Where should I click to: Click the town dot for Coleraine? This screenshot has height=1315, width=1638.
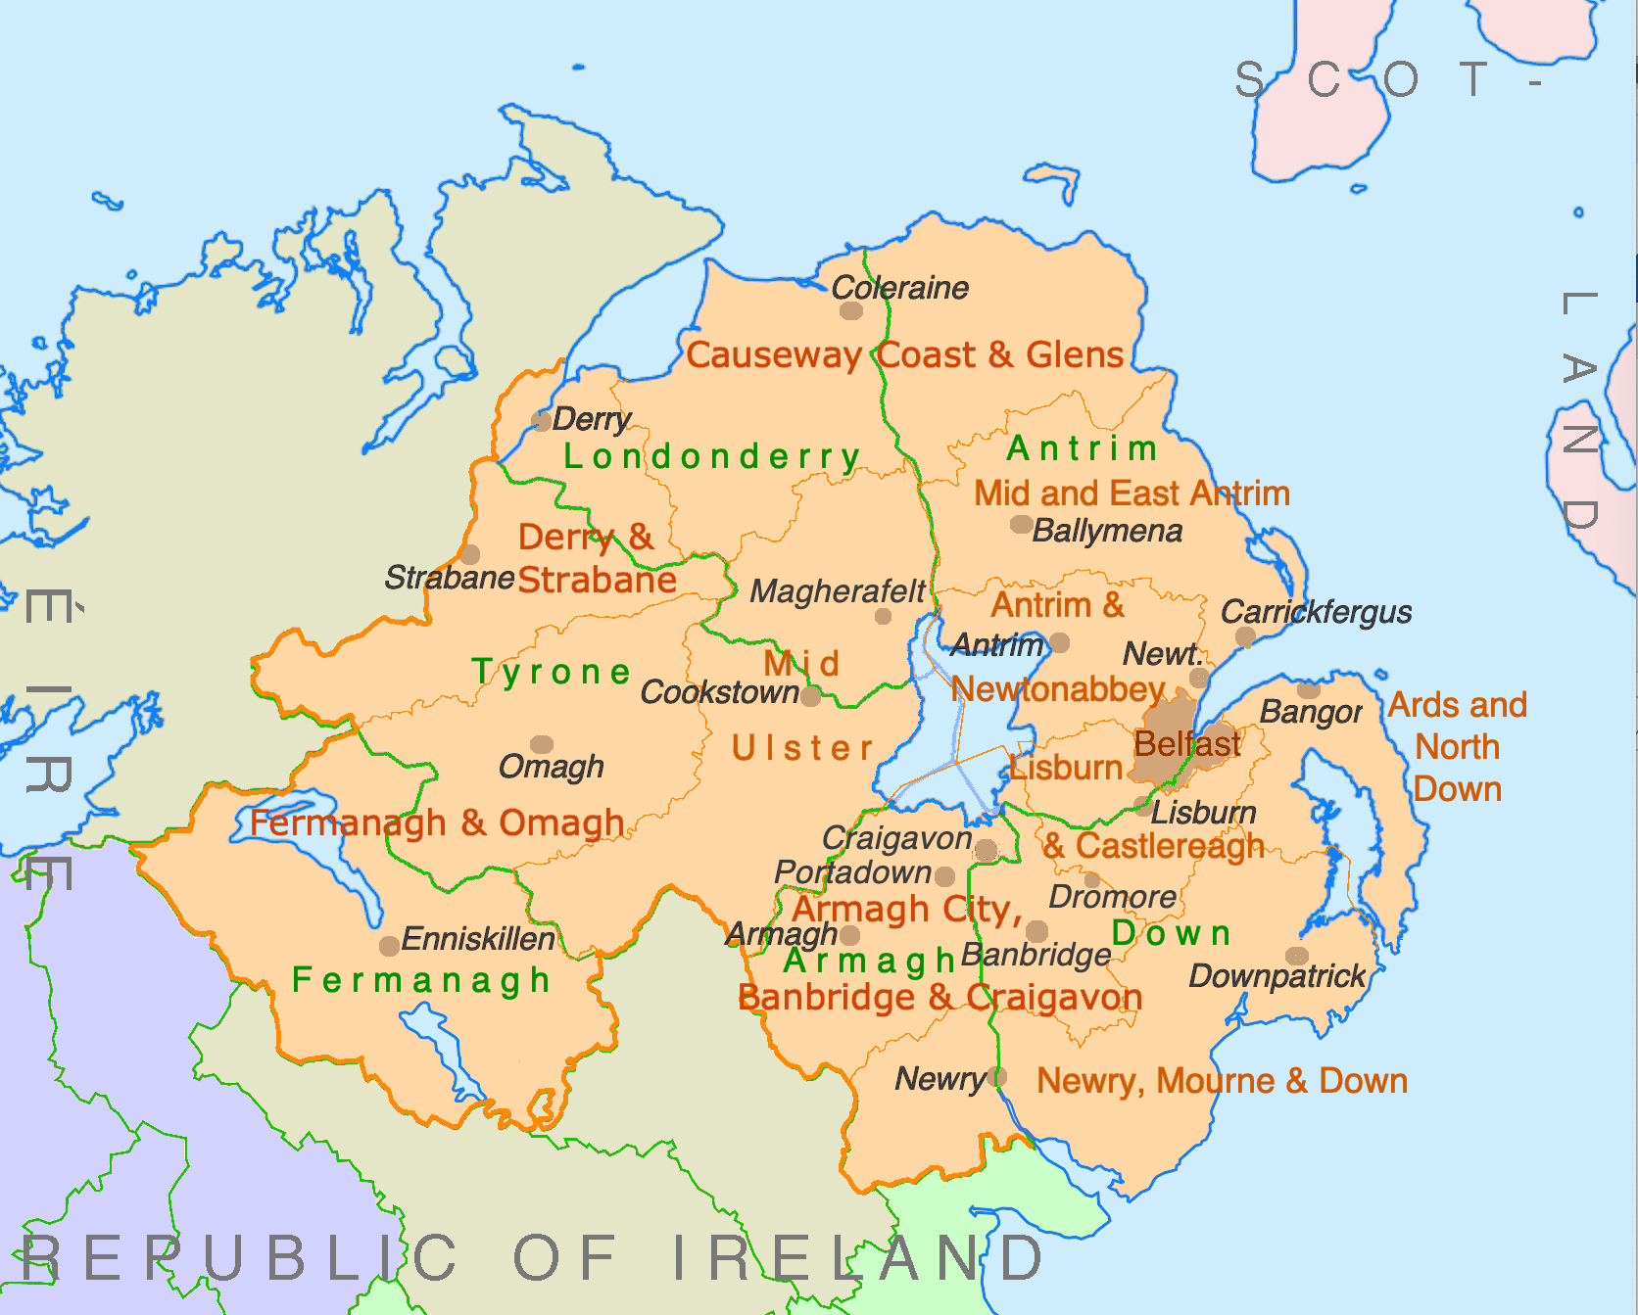pyautogui.click(x=851, y=311)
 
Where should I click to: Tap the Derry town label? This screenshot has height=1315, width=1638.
pyautogui.click(x=591, y=420)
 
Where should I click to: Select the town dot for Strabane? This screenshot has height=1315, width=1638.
pyautogui.click(x=470, y=555)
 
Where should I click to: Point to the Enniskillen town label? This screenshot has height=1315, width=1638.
pyautogui.click(x=478, y=939)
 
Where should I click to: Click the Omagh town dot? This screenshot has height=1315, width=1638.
pyautogui.click(x=542, y=745)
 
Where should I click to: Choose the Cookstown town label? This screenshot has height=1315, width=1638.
pyautogui.click(x=719, y=692)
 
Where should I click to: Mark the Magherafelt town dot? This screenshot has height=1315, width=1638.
pyautogui.click(x=883, y=617)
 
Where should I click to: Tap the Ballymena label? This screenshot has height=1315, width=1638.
pyautogui.click(x=1107, y=531)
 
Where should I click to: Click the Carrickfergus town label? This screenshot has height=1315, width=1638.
pyautogui.click(x=1316, y=612)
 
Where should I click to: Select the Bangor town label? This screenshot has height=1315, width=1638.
pyautogui.click(x=1310, y=712)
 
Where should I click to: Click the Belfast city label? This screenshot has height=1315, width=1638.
pyautogui.click(x=1186, y=744)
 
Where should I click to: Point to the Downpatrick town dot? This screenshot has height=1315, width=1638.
pyautogui.click(x=1296, y=956)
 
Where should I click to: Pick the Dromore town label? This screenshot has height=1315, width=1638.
pyautogui.click(x=1112, y=896)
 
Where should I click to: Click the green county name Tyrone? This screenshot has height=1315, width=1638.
pyautogui.click(x=552, y=672)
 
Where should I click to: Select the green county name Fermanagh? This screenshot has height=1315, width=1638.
pyautogui.click(x=421, y=979)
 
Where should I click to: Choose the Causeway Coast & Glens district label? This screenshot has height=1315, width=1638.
pyautogui.click(x=904, y=354)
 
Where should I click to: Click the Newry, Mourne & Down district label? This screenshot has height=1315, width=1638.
pyautogui.click(x=1222, y=1081)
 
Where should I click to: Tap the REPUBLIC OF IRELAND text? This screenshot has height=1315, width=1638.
pyautogui.click(x=532, y=1258)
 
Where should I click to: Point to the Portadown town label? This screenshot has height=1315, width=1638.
pyautogui.click(x=852, y=871)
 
